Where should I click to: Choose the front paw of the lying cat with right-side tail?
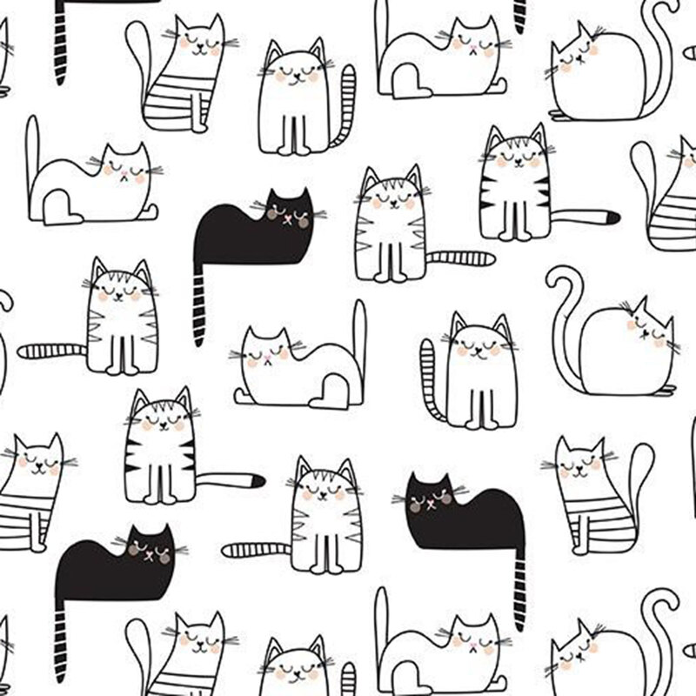pos(246,398)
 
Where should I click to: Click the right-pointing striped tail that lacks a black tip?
pos(462,258)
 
